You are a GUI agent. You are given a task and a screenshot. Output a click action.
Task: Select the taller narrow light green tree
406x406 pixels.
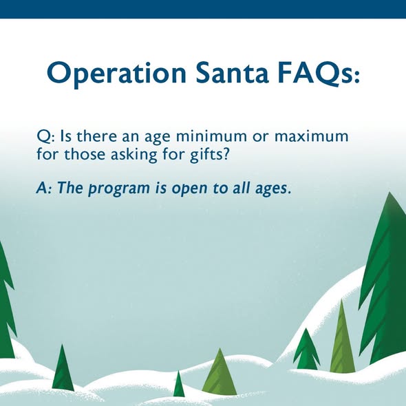(x=342, y=341)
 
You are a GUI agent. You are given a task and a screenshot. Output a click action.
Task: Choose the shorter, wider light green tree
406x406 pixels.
(x=220, y=375)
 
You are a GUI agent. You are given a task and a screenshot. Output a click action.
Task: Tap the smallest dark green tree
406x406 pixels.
(x=179, y=385)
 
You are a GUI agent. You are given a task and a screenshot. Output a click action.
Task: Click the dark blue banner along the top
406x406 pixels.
(x=203, y=9)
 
